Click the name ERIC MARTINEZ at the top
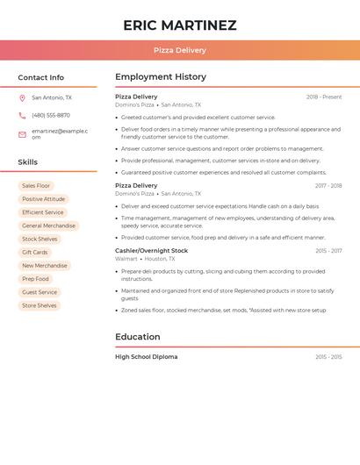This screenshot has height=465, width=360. pyautogui.click(x=180, y=25)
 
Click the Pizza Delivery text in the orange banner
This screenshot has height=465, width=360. pyautogui.click(x=180, y=50)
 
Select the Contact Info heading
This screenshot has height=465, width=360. pyautogui.click(x=41, y=77)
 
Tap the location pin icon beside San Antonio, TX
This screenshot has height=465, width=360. pyautogui.click(x=22, y=98)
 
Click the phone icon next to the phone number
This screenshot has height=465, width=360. pyautogui.click(x=22, y=116)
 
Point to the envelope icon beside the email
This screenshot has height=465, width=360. pyautogui.click(x=22, y=134)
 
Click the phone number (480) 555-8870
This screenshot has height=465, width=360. pyautogui.click(x=51, y=116)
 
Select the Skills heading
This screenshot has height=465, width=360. pyautogui.click(x=28, y=162)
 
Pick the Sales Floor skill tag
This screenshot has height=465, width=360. pyautogui.click(x=36, y=186)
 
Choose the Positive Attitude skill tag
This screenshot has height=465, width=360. pyautogui.click(x=43, y=199)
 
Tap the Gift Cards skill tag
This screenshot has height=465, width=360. pyautogui.click(x=35, y=253)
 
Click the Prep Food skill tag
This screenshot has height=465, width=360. pyautogui.click(x=36, y=279)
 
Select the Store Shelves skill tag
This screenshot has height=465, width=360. pyautogui.click(x=40, y=305)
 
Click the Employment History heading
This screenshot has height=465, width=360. pyautogui.click(x=161, y=77)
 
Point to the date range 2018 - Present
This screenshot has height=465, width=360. pyautogui.click(x=324, y=97)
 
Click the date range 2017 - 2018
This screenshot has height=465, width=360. pyautogui.click(x=328, y=186)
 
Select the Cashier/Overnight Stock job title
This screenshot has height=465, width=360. pyautogui.click(x=151, y=251)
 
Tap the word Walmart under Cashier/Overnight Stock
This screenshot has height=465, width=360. pyautogui.click(x=126, y=259)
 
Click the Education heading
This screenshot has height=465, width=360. pyautogui.click(x=138, y=337)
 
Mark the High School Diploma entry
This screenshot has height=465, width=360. pyautogui.click(x=146, y=357)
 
